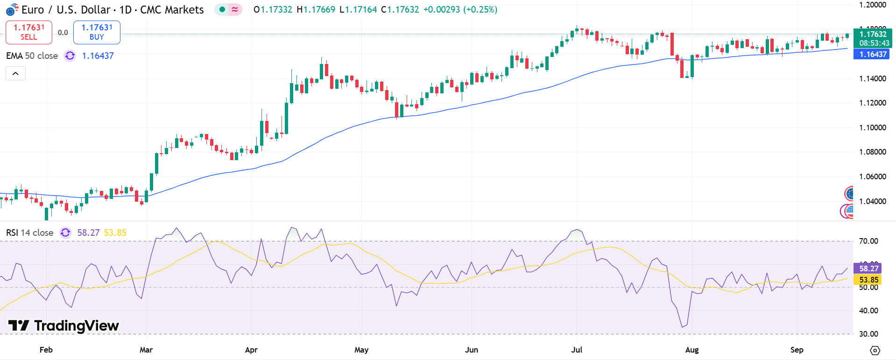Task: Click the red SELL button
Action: pyautogui.click(x=28, y=32)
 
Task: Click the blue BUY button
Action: pyautogui.click(x=97, y=32)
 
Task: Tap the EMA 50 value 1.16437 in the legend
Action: pyautogui.click(x=98, y=56)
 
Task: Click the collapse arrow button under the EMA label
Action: pyautogui.click(x=15, y=73)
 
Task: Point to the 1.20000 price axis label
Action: pyautogui.click(x=872, y=5)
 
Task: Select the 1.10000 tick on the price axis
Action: pyautogui.click(x=872, y=127)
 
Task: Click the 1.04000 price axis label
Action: pyautogui.click(x=872, y=201)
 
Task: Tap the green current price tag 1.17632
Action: pyautogui.click(x=872, y=34)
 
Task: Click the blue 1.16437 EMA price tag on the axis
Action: pyautogui.click(x=872, y=54)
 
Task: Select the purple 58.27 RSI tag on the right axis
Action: pyautogui.click(x=868, y=268)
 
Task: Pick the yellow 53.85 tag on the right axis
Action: pyautogui.click(x=868, y=280)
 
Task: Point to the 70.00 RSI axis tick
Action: pyautogui.click(x=868, y=241)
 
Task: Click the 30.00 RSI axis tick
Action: pyautogui.click(x=868, y=334)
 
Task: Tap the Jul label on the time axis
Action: pyautogui.click(x=577, y=350)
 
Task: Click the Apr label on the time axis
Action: pyautogui.click(x=251, y=350)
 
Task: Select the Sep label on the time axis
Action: pyautogui.click(x=797, y=350)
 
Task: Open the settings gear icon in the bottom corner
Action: pyautogui.click(x=875, y=350)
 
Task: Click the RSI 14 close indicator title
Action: pyautogui.click(x=29, y=233)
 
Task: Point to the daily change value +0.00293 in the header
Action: pyautogui.click(x=441, y=9)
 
